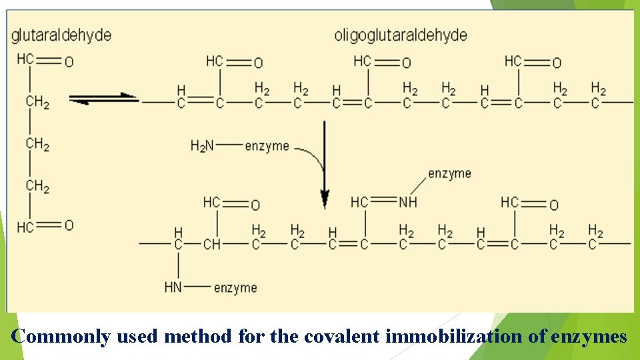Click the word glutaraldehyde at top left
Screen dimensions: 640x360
tap(61, 35)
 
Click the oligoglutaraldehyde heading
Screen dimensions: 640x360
tap(400, 35)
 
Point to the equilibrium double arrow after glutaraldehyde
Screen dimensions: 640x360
tap(103, 99)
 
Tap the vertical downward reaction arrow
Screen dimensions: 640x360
tap(325, 163)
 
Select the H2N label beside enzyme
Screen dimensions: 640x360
tap(202, 145)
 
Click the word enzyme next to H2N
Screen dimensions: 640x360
tap(267, 145)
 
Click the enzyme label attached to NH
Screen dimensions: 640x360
tap(449, 173)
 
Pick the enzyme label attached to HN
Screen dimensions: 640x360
tap(235, 287)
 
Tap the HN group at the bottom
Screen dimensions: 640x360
tap(173, 287)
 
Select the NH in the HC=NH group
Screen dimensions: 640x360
tap(407, 201)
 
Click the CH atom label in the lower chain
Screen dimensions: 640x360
tap(211, 245)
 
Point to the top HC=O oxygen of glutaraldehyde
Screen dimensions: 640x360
tap(69, 62)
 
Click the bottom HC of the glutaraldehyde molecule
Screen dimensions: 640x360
tap(25, 227)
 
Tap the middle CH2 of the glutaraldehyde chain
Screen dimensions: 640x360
tap(37, 144)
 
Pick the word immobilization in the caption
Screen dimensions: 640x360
tap(454, 337)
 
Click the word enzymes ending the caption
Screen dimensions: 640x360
tap(589, 337)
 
